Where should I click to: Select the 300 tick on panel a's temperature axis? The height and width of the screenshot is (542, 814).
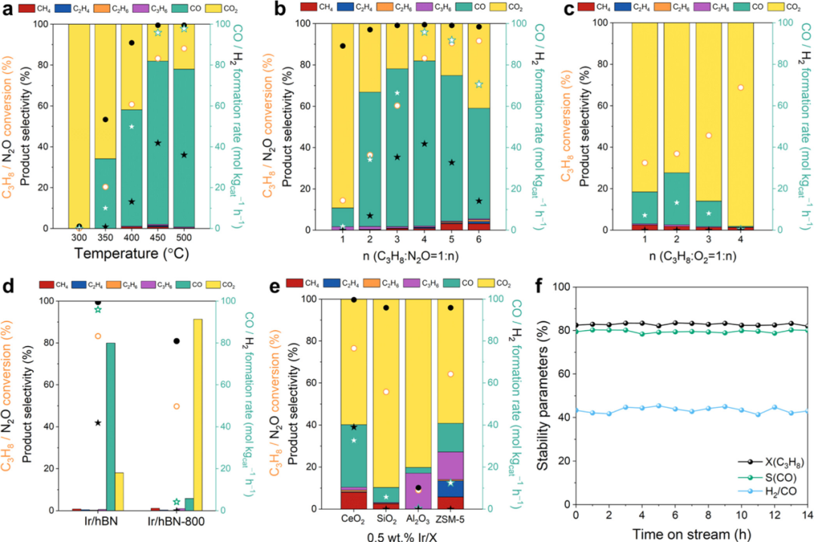click(x=79, y=237)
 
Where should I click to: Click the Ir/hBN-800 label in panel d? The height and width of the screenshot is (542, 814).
click(x=179, y=521)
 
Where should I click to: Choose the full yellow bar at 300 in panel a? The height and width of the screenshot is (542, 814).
click(x=79, y=124)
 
